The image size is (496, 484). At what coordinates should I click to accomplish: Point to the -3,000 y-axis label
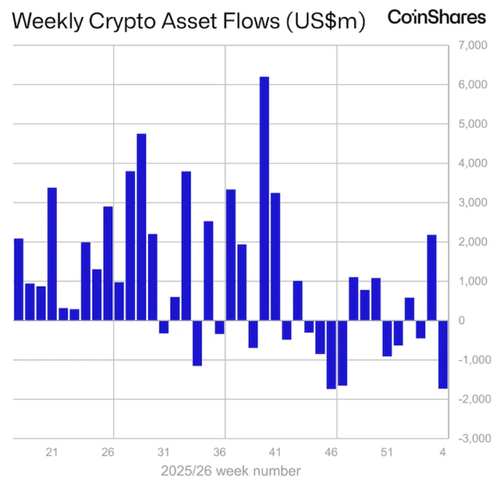470,438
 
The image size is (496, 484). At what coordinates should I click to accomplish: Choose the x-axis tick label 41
276,451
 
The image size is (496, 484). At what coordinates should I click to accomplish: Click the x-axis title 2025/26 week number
231,470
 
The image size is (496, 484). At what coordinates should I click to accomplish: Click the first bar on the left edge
19,279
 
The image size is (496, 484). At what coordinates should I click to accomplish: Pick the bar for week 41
275,256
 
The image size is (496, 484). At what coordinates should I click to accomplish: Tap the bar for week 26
108,263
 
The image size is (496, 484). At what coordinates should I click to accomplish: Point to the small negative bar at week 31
164,327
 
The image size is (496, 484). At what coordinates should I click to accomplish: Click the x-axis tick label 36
220,451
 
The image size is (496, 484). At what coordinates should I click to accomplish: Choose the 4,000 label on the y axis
472,163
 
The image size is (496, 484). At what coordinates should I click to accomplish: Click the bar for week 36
219,327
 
